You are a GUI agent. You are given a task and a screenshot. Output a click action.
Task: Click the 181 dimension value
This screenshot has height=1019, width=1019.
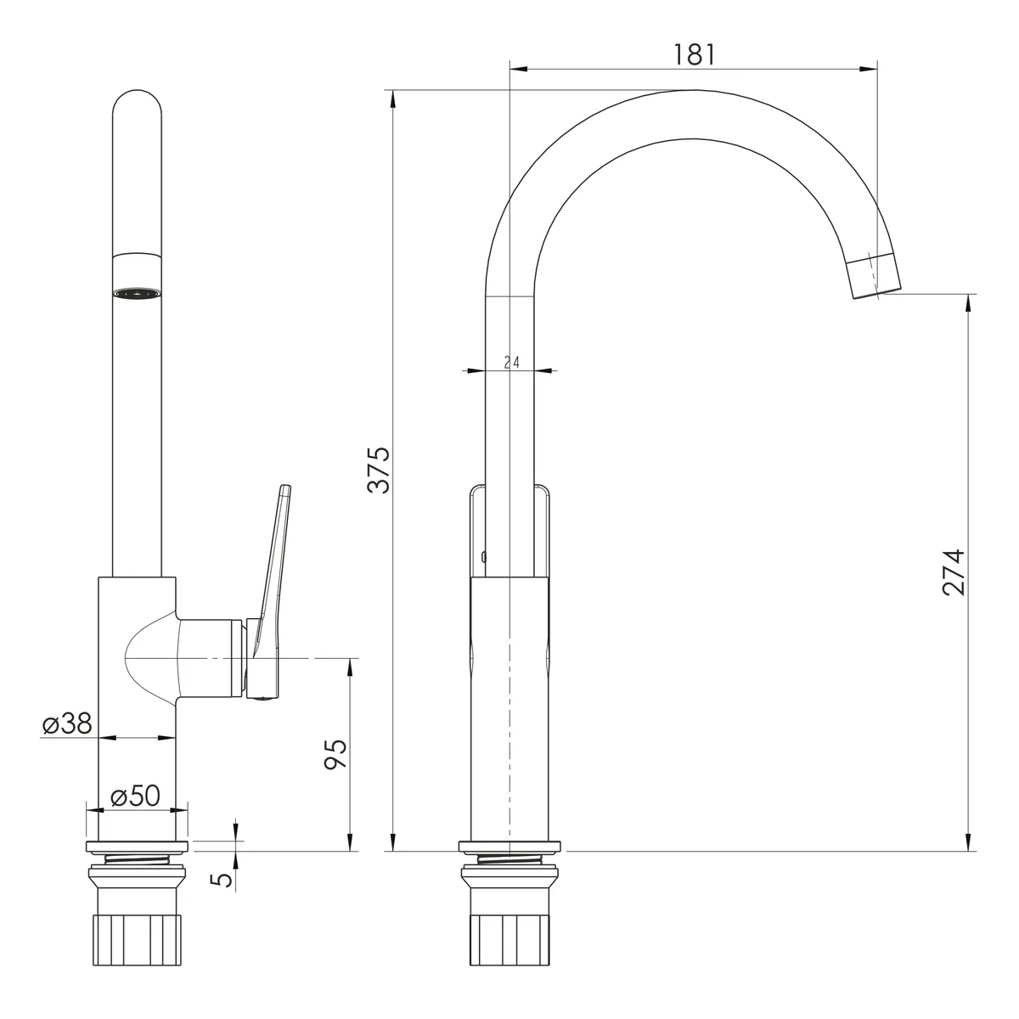click(694, 54)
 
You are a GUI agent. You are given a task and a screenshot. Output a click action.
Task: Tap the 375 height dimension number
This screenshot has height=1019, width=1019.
click(379, 470)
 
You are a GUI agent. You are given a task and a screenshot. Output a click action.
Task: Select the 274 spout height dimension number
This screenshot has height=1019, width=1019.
click(954, 572)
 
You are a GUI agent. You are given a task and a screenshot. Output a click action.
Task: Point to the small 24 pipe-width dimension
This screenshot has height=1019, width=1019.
click(512, 363)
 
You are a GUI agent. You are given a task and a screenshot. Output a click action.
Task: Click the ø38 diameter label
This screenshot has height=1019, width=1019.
click(67, 723)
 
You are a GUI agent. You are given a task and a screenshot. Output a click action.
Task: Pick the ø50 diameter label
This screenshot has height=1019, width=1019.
click(135, 796)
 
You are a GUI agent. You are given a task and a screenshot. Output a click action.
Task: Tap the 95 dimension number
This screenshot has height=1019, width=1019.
click(335, 754)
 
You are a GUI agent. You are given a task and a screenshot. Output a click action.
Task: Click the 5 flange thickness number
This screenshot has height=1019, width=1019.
click(222, 880)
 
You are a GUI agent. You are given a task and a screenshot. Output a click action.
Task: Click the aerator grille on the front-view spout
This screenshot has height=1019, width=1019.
click(137, 294)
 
